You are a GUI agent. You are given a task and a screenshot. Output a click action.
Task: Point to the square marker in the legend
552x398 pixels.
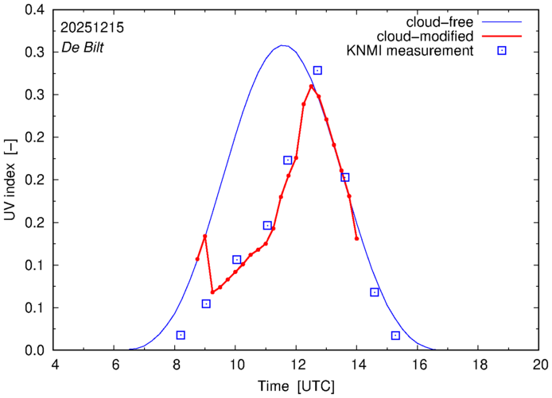pyautogui.click(x=503, y=52)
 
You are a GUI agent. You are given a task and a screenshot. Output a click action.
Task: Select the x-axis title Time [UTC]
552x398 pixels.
pyautogui.click(x=296, y=387)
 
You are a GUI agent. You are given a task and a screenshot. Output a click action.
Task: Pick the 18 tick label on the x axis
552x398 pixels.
pyautogui.click(x=480, y=365)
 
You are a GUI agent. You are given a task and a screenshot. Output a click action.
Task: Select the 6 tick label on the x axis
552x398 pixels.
pyautogui.click(x=115, y=365)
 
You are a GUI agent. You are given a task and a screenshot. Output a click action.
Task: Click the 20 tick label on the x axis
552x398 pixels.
pyautogui.click(x=540, y=365)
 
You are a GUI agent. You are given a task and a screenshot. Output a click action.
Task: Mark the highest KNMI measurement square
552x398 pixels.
pyautogui.click(x=317, y=71)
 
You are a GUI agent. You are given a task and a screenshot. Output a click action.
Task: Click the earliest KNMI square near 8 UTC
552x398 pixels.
pyautogui.click(x=181, y=335)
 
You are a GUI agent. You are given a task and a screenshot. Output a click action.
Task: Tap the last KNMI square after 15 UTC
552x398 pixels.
pyautogui.click(x=395, y=335)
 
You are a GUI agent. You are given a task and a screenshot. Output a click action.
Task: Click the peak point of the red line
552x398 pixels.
pyautogui.click(x=311, y=86)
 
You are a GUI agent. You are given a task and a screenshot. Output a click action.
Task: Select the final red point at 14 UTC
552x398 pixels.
pyautogui.click(x=357, y=238)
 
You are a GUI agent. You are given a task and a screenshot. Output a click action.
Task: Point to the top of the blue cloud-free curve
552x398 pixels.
pyautogui.click(x=282, y=45)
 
